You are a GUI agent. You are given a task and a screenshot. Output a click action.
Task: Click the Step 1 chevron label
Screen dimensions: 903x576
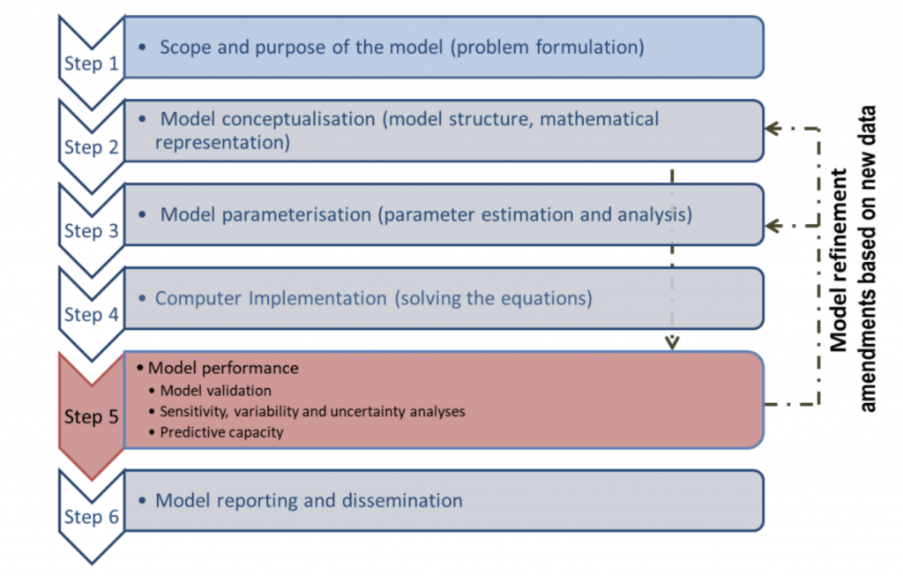(91, 63)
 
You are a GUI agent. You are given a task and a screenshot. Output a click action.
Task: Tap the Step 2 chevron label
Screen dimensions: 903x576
(91, 147)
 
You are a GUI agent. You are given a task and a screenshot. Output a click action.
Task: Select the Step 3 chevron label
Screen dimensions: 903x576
(91, 230)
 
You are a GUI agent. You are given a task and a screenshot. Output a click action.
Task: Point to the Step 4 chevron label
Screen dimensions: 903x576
(91, 315)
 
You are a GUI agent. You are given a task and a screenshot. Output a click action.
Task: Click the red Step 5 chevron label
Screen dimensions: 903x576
(91, 416)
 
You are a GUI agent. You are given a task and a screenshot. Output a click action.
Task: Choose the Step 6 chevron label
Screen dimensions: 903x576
(91, 517)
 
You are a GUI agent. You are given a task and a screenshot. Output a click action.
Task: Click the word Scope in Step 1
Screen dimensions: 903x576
(185, 48)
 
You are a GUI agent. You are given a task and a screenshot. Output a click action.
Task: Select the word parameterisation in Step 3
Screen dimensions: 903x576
(296, 215)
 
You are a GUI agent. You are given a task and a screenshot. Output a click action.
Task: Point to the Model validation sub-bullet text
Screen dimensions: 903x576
(215, 391)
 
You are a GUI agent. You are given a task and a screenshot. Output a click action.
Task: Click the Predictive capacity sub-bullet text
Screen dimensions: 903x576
(221, 432)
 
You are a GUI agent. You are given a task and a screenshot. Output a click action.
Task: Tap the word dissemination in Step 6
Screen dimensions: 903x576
(402, 500)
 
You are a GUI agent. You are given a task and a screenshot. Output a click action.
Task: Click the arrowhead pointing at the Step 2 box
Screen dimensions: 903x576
(772, 129)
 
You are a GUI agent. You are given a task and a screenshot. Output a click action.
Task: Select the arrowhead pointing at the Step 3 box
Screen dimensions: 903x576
(772, 226)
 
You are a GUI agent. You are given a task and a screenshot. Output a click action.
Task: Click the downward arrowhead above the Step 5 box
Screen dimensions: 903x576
(672, 343)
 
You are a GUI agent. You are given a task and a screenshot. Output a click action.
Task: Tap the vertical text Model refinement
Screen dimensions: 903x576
(839, 260)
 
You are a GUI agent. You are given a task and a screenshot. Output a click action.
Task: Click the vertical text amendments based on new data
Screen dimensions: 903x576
(868, 258)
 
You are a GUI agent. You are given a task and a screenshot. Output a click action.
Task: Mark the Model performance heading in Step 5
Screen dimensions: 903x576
(223, 368)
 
